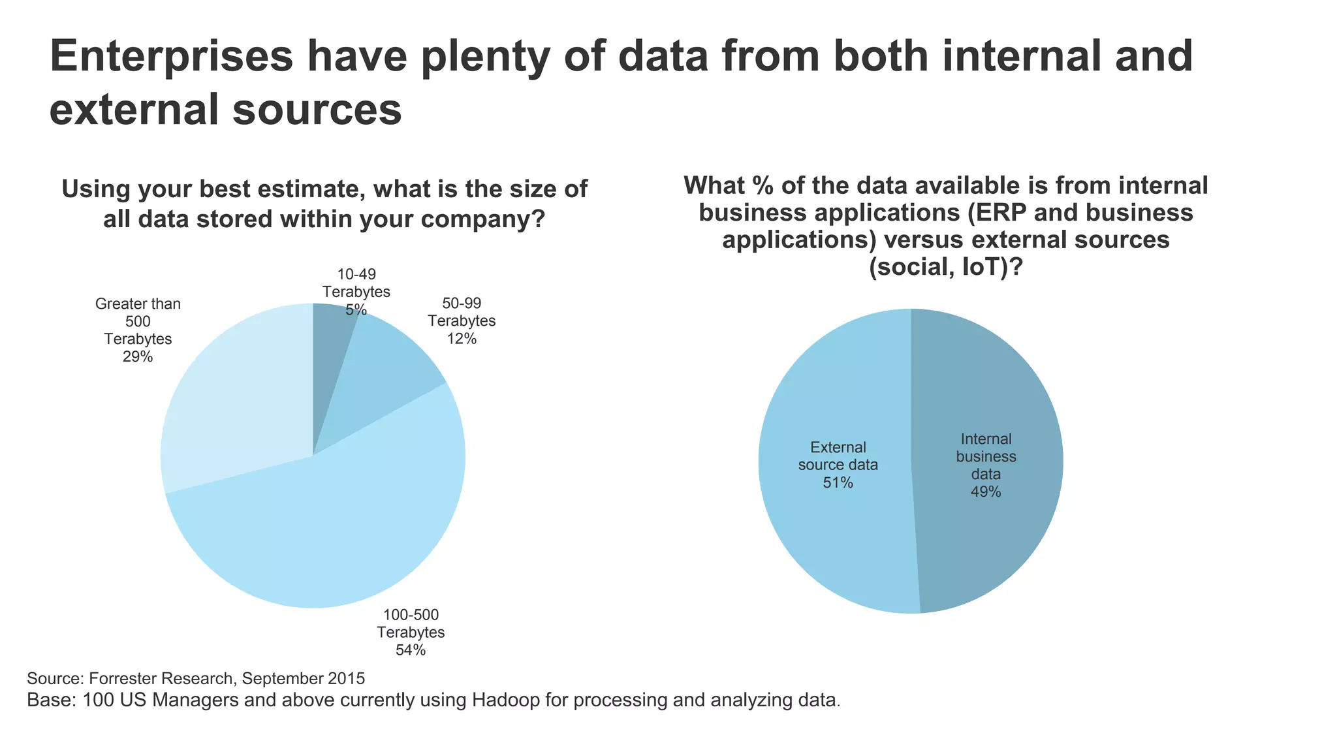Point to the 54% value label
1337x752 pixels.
point(411,650)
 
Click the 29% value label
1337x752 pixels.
point(138,357)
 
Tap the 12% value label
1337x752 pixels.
point(462,339)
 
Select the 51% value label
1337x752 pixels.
point(838,483)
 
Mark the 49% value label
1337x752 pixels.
point(986,492)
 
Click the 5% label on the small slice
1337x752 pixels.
point(356,310)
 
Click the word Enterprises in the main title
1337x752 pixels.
point(172,57)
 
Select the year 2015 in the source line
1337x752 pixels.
point(346,678)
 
